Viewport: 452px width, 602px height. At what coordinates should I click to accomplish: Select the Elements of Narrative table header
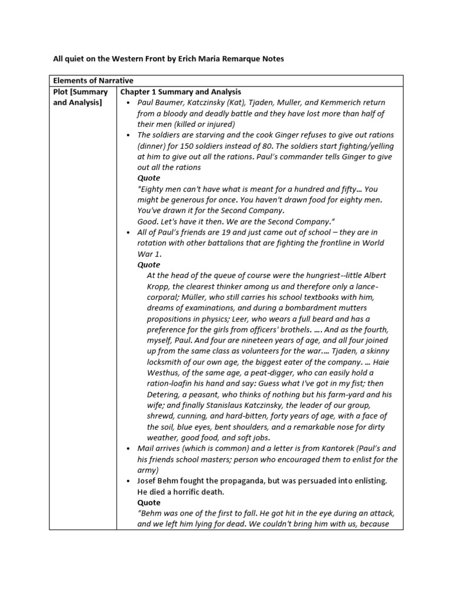pyautogui.click(x=94, y=81)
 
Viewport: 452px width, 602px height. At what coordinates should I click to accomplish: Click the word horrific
pyautogui.click(x=194, y=491)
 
